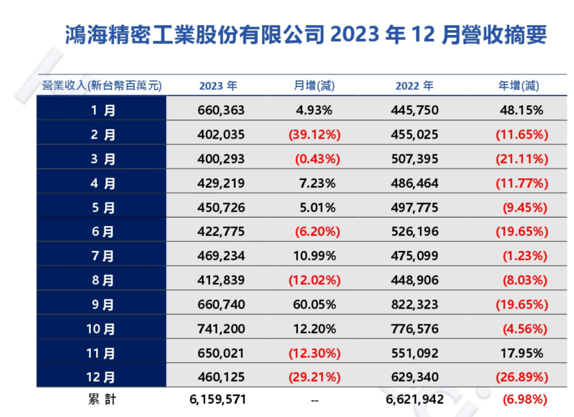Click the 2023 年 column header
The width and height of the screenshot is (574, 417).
(218, 86)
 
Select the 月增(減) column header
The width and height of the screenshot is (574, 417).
(314, 86)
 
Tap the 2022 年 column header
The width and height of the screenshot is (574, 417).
(414, 86)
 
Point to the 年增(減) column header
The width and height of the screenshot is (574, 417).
(518, 86)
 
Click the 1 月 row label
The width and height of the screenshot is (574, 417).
(102, 110)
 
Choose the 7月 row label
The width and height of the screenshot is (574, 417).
(102, 256)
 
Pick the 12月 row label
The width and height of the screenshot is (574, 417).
(102, 377)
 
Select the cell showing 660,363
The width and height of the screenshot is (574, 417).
(221, 110)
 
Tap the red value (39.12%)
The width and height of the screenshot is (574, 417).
(314, 135)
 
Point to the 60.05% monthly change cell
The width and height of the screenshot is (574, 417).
(314, 305)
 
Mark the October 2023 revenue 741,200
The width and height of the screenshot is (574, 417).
(221, 329)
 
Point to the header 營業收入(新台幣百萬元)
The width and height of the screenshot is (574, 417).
(102, 86)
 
